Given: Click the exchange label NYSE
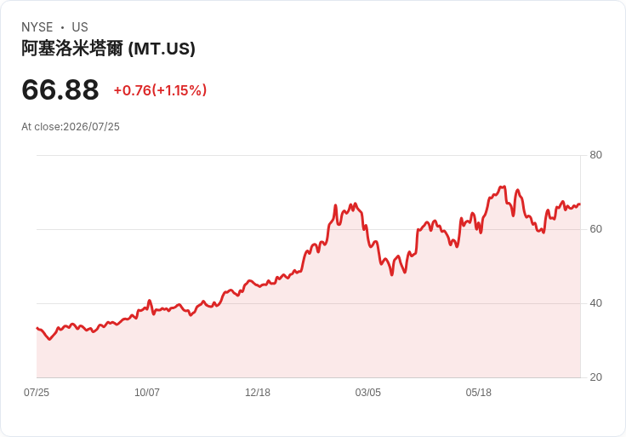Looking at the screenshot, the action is [37, 27].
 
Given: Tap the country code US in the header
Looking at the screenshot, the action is [80, 27].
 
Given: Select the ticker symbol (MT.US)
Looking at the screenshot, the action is [162, 49].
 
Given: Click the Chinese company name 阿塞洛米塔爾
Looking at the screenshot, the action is [72, 49].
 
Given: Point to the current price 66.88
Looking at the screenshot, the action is [60, 89].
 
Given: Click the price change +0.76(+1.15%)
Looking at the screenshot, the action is [160, 90].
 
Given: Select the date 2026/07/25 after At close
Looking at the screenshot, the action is [91, 127].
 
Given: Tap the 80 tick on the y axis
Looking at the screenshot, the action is [595, 155].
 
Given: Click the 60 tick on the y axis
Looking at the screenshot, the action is [595, 229].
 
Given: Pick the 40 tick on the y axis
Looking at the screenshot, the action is [595, 303].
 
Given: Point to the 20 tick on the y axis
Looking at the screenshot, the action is [595, 377].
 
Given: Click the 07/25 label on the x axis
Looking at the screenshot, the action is [37, 393].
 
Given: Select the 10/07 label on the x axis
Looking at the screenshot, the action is [147, 393].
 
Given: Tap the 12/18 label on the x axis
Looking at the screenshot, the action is [258, 393].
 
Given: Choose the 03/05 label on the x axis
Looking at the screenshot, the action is [368, 393].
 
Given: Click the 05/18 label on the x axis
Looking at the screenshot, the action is [478, 393].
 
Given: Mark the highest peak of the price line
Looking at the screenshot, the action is [504, 187].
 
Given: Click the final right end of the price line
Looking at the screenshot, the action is [580, 204].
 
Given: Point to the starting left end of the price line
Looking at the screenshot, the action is [37, 328].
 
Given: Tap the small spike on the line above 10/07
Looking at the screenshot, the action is [150, 300].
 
